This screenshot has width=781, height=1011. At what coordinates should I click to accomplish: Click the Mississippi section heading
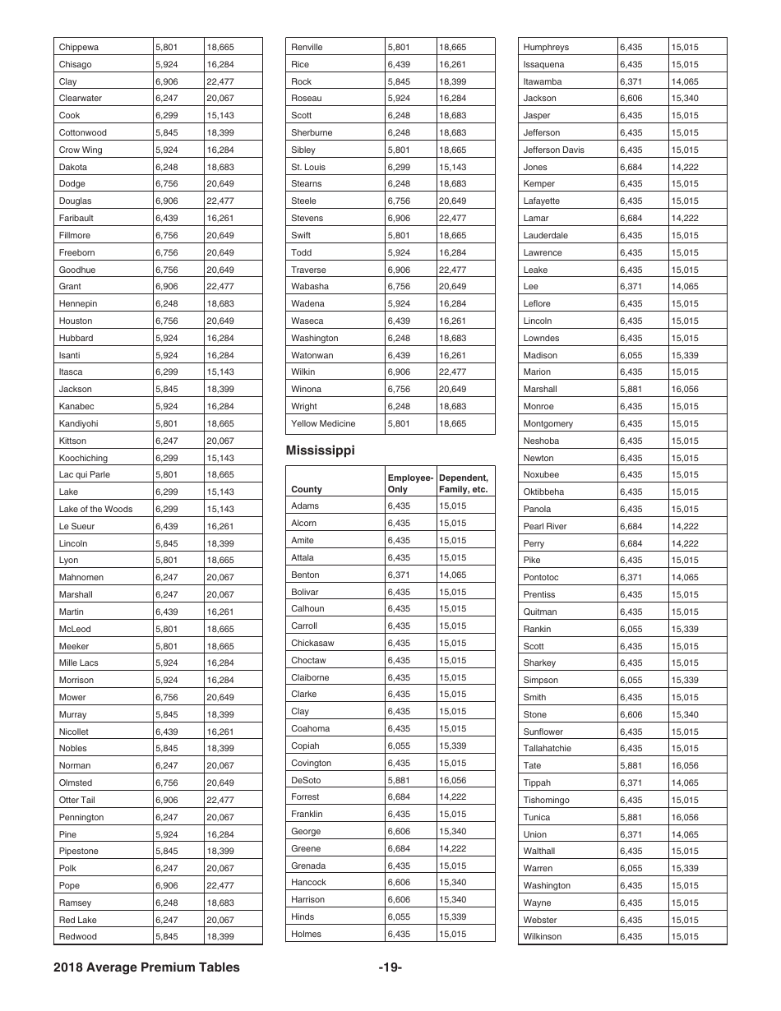pyautogui.click(x=320, y=450)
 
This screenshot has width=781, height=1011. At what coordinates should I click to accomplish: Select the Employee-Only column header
pyautogui.click(x=409, y=483)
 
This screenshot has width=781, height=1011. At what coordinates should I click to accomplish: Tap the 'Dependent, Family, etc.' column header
pyautogui.click(x=464, y=483)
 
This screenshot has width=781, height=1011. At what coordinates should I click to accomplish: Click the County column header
pyautogui.click(x=307, y=489)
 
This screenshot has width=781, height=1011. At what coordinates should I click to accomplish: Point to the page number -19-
pyautogui.click(x=390, y=967)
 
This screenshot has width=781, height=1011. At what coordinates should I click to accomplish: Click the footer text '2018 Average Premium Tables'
pyautogui.click(x=147, y=967)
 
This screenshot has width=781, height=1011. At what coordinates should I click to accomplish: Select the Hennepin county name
pyautogui.click(x=78, y=304)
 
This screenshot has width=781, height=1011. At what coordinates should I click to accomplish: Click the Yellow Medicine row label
pyautogui.click(x=323, y=424)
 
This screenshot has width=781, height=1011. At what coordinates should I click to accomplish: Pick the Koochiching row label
pyautogui.click(x=83, y=458)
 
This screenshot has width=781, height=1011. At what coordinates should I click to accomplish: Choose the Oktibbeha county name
pyautogui.click(x=543, y=492)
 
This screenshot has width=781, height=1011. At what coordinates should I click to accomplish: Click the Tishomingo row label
pyautogui.click(x=546, y=801)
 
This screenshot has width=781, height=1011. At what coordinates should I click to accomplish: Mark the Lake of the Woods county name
pyautogui.click(x=95, y=510)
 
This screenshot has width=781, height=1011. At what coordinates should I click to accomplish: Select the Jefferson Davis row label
pyautogui.click(x=553, y=150)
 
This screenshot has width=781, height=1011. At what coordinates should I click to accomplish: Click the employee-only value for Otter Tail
pyautogui.click(x=166, y=801)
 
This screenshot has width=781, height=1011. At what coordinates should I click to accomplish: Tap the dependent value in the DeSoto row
pyautogui.click(x=452, y=781)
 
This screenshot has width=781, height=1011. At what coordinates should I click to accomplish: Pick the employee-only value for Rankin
pyautogui.click(x=631, y=630)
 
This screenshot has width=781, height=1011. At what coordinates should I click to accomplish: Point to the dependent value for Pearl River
pyautogui.click(x=684, y=527)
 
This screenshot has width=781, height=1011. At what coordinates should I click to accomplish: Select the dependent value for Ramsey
pyautogui.click(x=220, y=903)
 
